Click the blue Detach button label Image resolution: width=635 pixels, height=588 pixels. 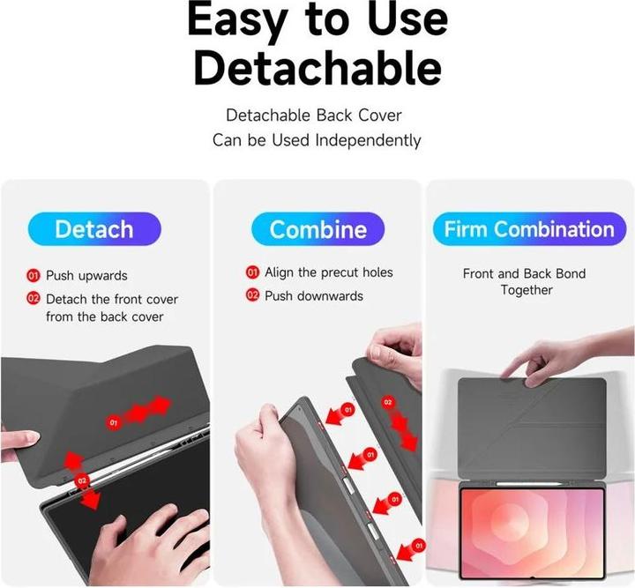pyautogui.click(x=94, y=229)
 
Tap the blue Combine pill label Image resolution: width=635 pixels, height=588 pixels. pyautogui.click(x=317, y=229)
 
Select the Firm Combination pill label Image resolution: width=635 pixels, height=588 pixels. pyautogui.click(x=529, y=229)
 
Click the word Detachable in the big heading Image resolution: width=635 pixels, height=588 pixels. pyautogui.click(x=317, y=69)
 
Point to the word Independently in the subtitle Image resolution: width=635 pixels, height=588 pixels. pyautogui.click(x=368, y=140)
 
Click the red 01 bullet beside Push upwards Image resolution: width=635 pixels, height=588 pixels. pyautogui.click(x=34, y=276)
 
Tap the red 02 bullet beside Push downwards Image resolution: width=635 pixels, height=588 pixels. pyautogui.click(x=252, y=295)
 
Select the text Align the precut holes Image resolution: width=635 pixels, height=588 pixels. pyautogui.click(x=329, y=272)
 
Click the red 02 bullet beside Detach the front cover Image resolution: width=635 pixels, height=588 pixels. pyautogui.click(x=34, y=299)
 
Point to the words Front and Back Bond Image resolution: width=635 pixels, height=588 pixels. pyautogui.click(x=525, y=273)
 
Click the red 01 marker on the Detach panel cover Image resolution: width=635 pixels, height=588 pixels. pyautogui.click(x=114, y=422)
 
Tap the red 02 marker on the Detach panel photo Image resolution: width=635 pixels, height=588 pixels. pyautogui.click(x=82, y=480)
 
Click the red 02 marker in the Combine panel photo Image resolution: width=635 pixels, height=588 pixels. pyautogui.click(x=387, y=402)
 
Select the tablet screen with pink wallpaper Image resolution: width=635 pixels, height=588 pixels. pyautogui.click(x=532, y=532)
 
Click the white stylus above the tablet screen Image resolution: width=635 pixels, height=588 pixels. pyautogui.click(x=529, y=483)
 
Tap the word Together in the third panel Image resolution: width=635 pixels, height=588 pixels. pyautogui.click(x=527, y=290)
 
